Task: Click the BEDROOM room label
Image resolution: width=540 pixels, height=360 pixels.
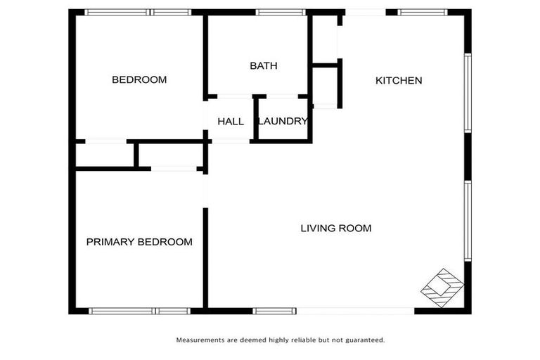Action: (139, 80)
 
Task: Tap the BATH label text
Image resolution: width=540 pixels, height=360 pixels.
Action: (264, 66)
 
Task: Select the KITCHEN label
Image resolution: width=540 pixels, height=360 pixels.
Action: (399, 81)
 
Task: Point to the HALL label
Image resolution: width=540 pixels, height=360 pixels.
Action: (231, 122)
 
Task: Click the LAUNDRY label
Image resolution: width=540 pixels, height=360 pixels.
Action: (283, 122)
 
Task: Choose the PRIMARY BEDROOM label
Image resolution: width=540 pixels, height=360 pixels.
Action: (139, 242)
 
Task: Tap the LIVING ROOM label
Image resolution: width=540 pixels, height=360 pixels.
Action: (335, 229)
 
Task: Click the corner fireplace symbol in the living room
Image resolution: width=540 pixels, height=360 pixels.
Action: (442, 287)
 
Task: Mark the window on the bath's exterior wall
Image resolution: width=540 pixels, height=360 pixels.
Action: (280, 12)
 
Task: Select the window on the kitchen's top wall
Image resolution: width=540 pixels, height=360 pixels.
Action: (422, 12)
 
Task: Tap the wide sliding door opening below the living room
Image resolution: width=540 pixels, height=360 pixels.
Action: (355, 311)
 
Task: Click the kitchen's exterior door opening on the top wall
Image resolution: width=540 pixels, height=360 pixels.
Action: (365, 12)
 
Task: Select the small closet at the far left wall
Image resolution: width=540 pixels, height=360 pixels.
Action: (104, 155)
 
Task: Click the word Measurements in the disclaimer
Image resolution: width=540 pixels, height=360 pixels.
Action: (200, 340)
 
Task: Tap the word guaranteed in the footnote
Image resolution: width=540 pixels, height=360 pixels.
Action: (365, 340)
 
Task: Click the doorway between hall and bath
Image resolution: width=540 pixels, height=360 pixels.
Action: (235, 96)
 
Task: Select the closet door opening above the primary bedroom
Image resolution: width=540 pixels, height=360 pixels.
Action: (174, 169)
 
